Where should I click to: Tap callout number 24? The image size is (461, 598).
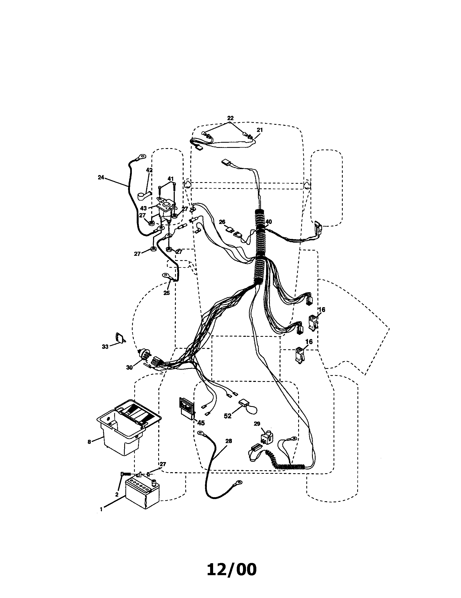tap(101, 177)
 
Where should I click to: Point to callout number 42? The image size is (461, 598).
tap(149, 170)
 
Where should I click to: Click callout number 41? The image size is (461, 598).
tap(170, 179)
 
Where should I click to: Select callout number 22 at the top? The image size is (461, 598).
tap(230, 118)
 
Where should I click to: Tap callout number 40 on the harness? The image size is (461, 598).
tap(269, 222)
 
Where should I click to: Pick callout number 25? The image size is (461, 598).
tap(166, 293)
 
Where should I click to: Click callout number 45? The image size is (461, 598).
tap(201, 423)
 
